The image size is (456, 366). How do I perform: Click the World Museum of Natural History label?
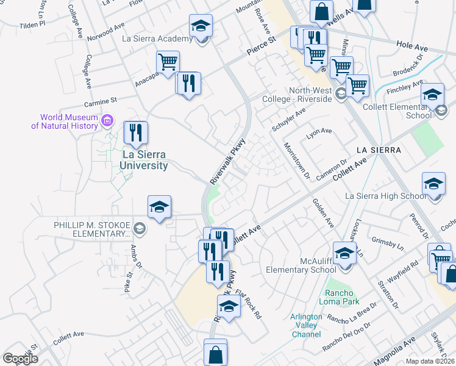click(x=65, y=122)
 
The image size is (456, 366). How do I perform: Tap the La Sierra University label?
click(x=144, y=160)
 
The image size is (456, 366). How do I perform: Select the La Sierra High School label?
click(x=386, y=196)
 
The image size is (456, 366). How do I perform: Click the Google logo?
click(x=20, y=359)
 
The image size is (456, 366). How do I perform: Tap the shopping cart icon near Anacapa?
click(x=167, y=62)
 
